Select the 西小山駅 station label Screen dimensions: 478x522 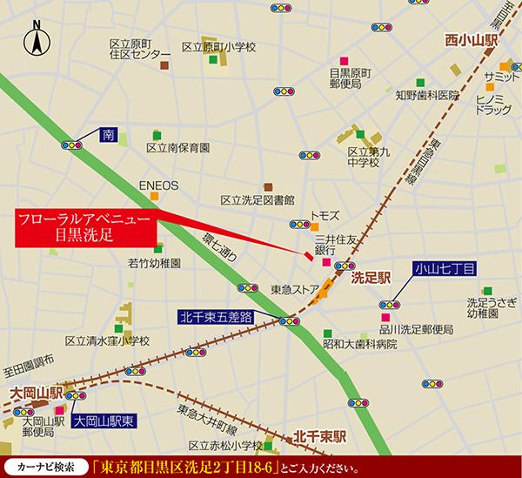click(x=472, y=40)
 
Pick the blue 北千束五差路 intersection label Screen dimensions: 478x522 click(x=215, y=317)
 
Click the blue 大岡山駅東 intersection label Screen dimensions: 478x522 click(x=105, y=420)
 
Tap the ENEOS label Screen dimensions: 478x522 click(x=158, y=185)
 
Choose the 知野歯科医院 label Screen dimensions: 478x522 click(x=401, y=94)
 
